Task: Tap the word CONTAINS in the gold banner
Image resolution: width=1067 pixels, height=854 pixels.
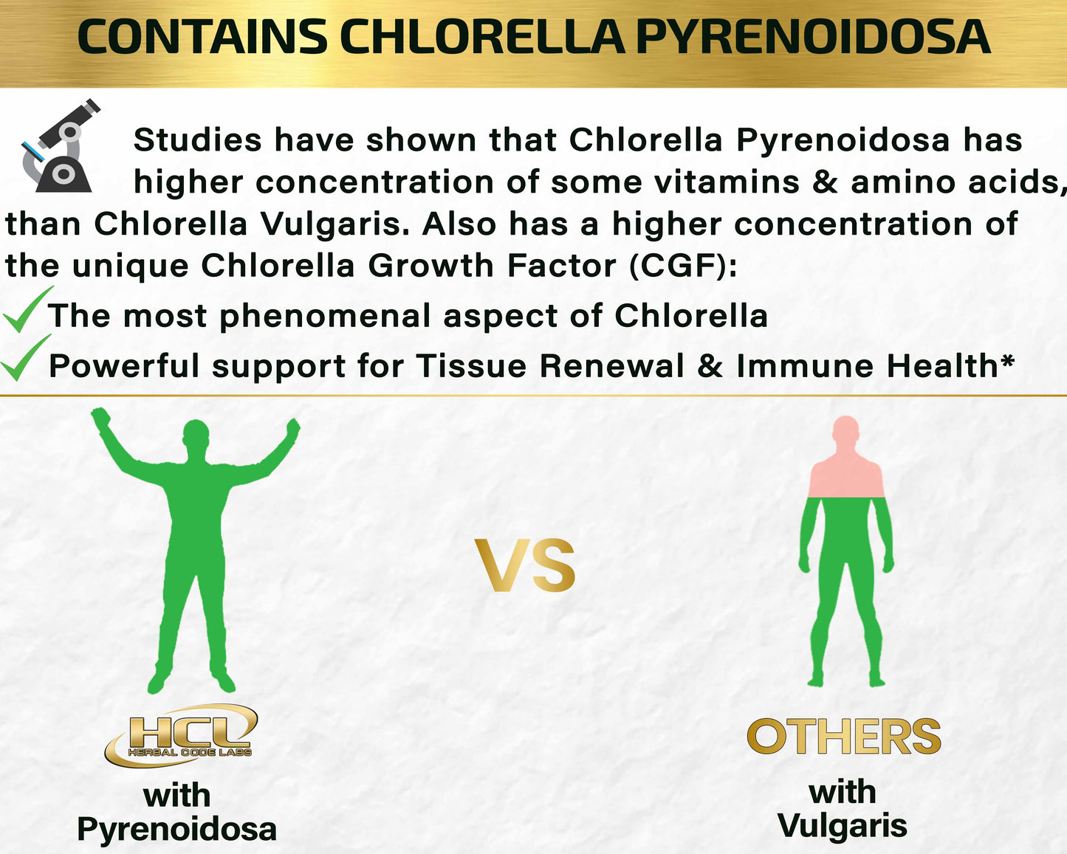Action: coord(202,37)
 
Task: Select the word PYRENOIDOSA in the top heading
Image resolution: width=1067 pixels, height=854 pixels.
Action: coord(814,37)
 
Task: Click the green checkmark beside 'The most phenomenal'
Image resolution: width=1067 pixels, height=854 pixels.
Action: coord(28,309)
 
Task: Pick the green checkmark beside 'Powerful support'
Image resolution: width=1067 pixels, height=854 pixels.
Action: coord(26,357)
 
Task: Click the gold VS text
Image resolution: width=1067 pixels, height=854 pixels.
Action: coord(525,565)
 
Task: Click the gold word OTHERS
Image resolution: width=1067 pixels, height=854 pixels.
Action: coord(844,736)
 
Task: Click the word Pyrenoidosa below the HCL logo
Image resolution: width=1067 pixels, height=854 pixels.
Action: coord(177,829)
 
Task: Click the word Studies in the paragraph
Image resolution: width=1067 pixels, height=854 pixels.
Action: coord(197,140)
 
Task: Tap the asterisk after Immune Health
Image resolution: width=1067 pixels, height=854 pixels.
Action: coord(1006,360)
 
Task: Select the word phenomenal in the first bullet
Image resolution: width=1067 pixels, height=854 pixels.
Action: coord(325,317)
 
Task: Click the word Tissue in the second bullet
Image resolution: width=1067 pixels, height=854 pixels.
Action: coord(471,366)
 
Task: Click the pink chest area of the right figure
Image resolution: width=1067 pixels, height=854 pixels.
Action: coord(846,479)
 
